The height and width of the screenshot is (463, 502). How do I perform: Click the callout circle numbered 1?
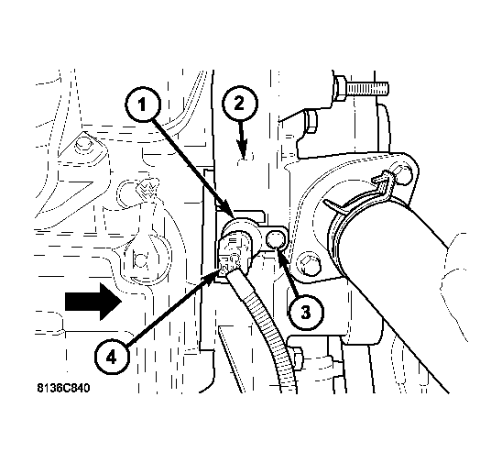pos(143,105)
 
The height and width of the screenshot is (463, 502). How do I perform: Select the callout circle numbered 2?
pos(239,104)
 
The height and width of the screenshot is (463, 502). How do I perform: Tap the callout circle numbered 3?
pos(306,312)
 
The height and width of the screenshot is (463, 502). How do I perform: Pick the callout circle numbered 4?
pos(112,358)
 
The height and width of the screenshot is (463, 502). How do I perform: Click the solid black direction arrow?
pos(93,302)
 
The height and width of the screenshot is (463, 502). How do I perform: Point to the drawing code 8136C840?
pos(63,389)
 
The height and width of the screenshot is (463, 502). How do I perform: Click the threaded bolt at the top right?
pos(361,87)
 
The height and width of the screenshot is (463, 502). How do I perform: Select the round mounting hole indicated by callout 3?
pos(276,240)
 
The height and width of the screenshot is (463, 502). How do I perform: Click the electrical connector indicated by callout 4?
pos(230,255)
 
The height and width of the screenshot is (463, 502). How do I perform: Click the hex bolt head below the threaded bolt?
pos(311,121)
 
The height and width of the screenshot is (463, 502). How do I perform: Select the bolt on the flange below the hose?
pos(309,264)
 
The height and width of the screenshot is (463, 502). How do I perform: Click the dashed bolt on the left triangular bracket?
pos(82,145)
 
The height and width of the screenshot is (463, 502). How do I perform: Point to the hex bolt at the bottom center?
pos(296,356)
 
